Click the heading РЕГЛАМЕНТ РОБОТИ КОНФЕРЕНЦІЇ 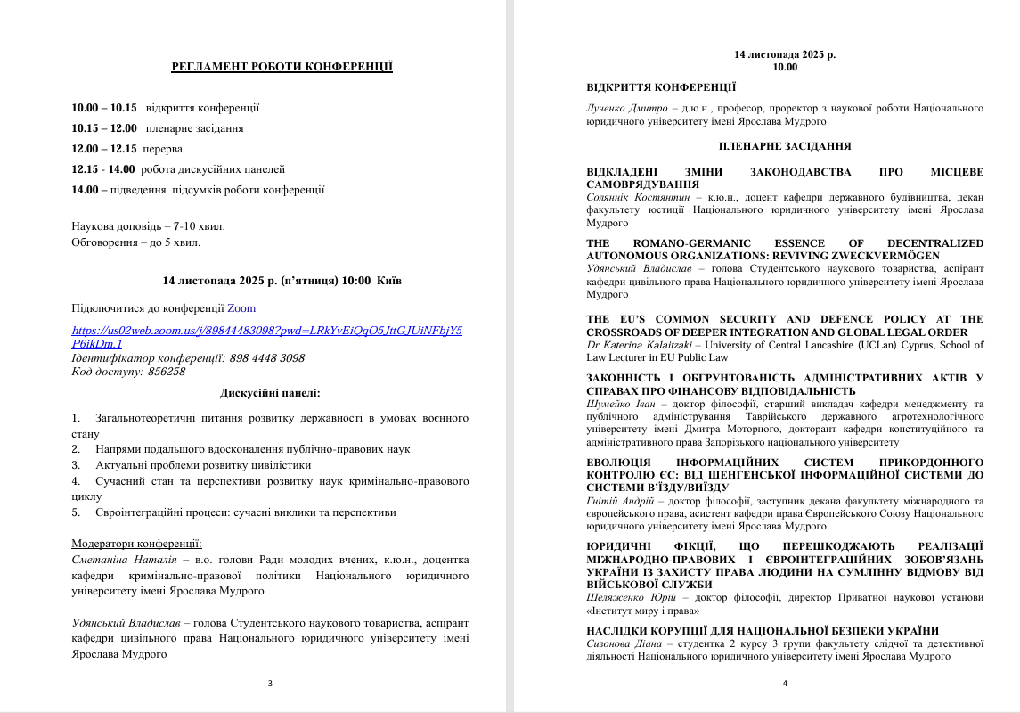pos(282,67)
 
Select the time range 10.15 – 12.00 pos(104,128)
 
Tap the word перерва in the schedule pos(163,149)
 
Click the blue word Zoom pos(241,308)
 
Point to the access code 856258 pos(167,371)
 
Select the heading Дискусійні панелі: pos(270,392)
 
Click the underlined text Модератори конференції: pos(137,544)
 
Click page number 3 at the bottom pos(270,684)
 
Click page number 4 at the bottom pos(785,684)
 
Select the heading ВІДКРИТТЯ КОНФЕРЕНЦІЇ pos(661,87)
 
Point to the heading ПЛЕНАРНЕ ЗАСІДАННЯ pos(785,146)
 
